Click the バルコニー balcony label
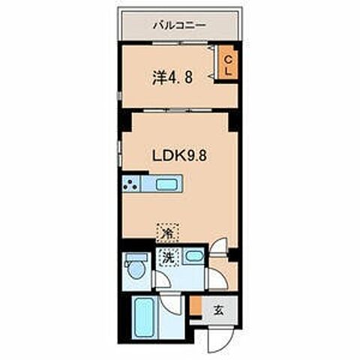tap(179, 25)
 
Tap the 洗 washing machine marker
tap(169, 257)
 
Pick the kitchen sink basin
tap(166, 184)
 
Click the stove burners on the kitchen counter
tap(130, 184)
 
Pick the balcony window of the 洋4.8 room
tap(177, 43)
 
